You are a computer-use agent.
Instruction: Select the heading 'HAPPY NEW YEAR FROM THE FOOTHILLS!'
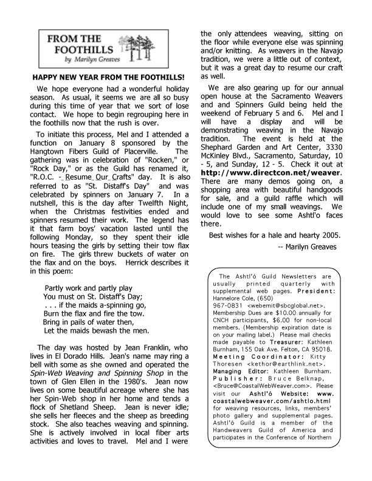pos(108,78)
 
